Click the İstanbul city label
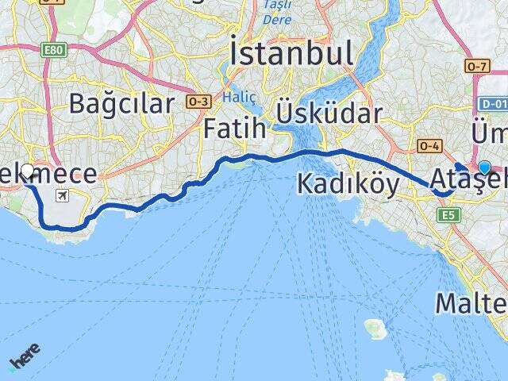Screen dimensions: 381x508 coord(291,53)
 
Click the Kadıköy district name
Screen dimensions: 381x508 coord(348,183)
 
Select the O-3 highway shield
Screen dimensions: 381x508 coord(198,101)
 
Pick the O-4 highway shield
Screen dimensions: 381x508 coord(429,145)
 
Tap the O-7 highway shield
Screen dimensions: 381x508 coord(479,66)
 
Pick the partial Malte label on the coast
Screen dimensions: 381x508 coord(471,304)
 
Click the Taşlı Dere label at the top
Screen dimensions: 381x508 coord(277,12)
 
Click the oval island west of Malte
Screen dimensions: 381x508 coord(375,325)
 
